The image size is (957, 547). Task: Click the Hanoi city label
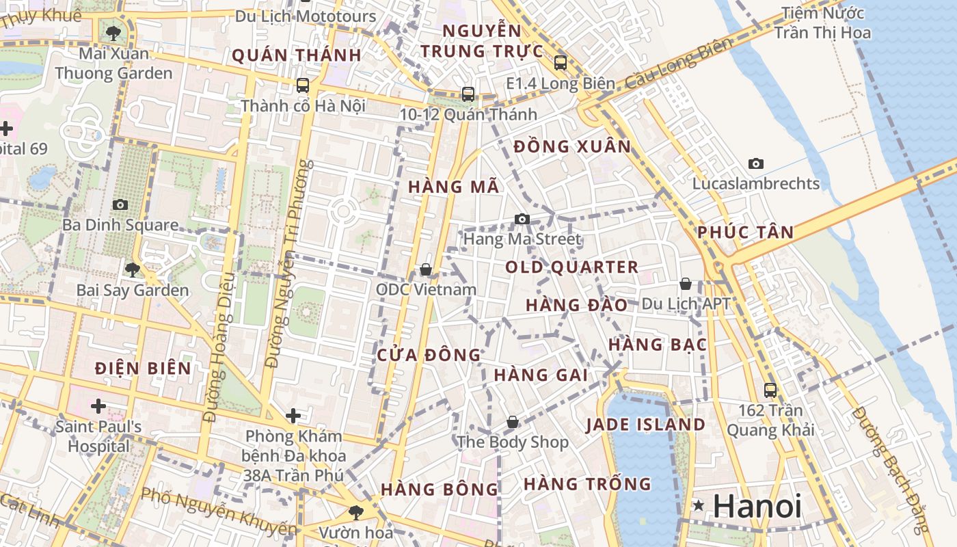click(757, 507)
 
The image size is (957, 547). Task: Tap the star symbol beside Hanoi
click(698, 506)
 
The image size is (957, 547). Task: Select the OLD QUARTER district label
click(571, 267)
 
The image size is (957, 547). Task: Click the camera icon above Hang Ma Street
click(522, 219)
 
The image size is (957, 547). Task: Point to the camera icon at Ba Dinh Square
click(120, 204)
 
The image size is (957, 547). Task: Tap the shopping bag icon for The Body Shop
click(512, 423)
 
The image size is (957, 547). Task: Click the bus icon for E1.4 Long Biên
click(561, 63)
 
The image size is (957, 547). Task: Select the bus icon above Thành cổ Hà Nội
click(302, 85)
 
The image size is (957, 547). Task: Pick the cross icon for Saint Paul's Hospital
click(98, 407)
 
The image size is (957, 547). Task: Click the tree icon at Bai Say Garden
click(133, 269)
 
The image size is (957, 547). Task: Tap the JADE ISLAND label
click(645, 425)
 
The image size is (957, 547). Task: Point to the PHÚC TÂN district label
click(746, 232)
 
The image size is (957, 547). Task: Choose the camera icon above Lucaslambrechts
click(755, 163)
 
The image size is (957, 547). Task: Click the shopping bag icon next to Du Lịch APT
click(686, 283)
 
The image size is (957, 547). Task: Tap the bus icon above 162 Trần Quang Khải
click(770, 390)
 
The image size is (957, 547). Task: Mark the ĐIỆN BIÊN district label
click(144, 369)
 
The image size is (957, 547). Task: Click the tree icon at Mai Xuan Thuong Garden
click(113, 32)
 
